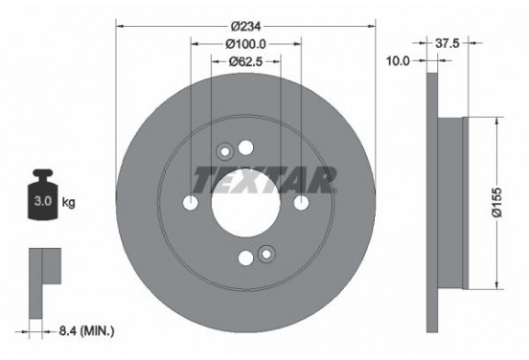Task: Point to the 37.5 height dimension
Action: [x=446, y=42]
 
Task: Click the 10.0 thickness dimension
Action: [x=399, y=60]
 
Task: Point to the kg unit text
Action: [x=70, y=204]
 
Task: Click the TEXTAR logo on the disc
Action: [x=265, y=177]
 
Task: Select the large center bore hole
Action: [x=245, y=203]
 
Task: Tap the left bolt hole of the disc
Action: [x=191, y=203]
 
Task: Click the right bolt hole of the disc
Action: [x=301, y=203]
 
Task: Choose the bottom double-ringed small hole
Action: [x=265, y=256]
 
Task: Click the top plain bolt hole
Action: [x=245, y=147]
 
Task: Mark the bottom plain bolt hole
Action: [x=245, y=258]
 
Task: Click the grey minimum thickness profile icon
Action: [x=43, y=272]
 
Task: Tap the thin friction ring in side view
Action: [x=431, y=202]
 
